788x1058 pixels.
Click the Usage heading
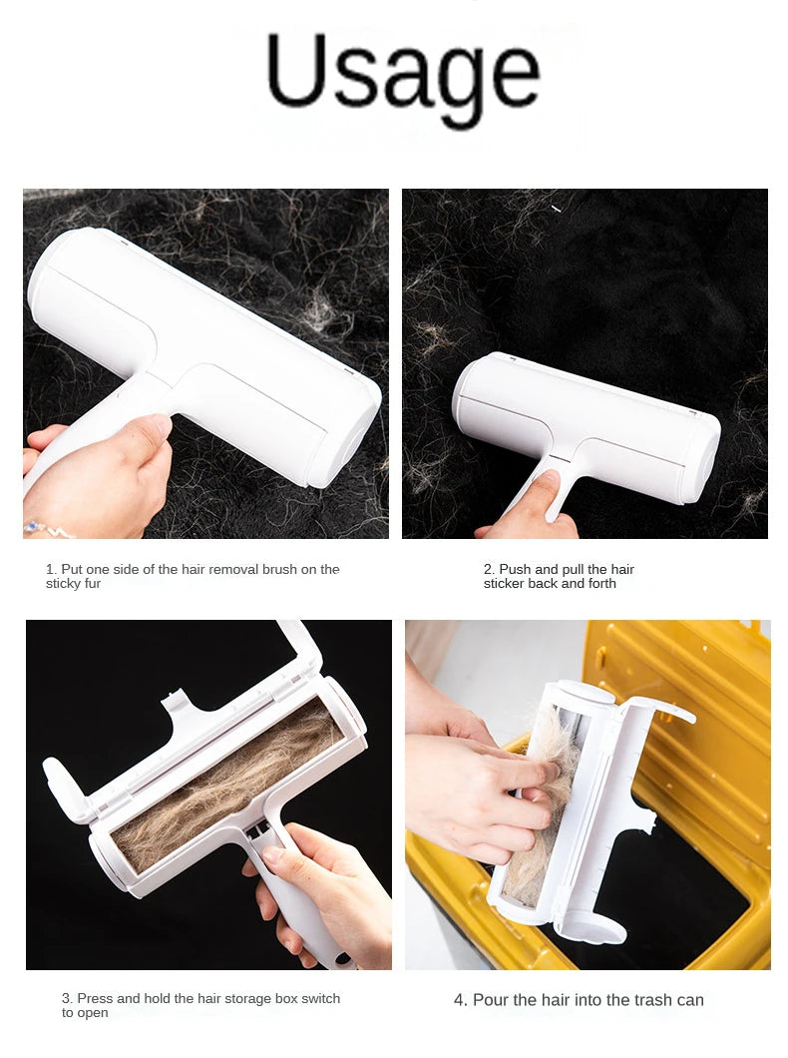[403, 72]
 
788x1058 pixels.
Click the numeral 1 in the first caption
[49, 569]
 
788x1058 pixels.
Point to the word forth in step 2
[600, 584]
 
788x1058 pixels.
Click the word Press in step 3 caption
[95, 998]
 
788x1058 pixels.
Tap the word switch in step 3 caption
[320, 998]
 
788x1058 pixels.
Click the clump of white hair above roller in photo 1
[318, 310]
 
